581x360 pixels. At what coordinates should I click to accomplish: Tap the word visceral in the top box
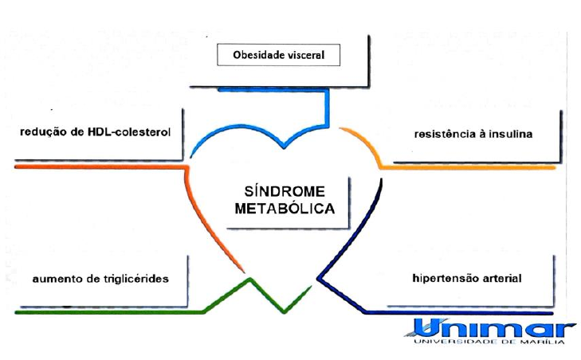tap(314, 56)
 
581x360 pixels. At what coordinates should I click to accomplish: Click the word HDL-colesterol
tap(131, 131)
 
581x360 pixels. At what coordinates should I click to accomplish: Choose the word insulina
tap(511, 135)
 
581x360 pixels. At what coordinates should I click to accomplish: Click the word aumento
tap(57, 280)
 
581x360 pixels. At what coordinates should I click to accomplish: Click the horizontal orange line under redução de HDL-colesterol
tap(96, 167)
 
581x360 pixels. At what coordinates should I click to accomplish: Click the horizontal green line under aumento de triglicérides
tap(104, 311)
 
